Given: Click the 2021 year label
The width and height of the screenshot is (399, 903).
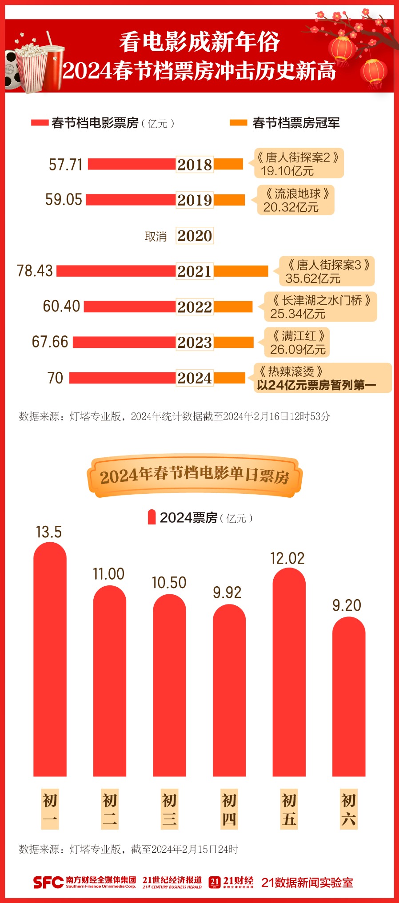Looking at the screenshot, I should click(195, 271).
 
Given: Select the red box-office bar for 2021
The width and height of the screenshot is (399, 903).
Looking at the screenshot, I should click(116, 271).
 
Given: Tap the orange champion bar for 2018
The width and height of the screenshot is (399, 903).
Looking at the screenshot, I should click(228, 164).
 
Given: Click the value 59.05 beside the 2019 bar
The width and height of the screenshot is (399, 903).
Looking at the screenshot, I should click(64, 200).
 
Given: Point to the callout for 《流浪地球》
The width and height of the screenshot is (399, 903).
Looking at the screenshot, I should click(295, 200).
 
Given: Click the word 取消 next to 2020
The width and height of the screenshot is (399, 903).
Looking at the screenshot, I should click(156, 236).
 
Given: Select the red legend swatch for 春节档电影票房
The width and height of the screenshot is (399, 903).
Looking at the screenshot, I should click(40, 123).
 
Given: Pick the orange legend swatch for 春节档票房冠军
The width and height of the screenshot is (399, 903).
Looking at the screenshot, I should click(238, 123).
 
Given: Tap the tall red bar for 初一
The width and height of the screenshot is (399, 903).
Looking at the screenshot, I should click(50, 658).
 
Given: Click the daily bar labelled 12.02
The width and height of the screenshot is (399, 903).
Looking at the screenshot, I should click(289, 672).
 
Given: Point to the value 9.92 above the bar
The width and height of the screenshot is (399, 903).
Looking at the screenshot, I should click(227, 593).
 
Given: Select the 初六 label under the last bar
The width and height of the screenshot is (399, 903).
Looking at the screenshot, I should click(348, 810).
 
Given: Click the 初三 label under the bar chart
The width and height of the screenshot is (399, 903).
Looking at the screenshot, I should click(169, 810).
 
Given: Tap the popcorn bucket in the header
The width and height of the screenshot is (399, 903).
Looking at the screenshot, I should click(31, 67).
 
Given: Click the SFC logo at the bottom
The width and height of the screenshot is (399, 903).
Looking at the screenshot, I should click(48, 883).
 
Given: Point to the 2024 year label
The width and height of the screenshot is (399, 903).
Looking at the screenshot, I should click(195, 378).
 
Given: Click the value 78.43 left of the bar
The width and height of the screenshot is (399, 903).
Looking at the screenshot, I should click(35, 271).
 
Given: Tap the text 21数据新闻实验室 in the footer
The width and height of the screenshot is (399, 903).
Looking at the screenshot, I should click(307, 883).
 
